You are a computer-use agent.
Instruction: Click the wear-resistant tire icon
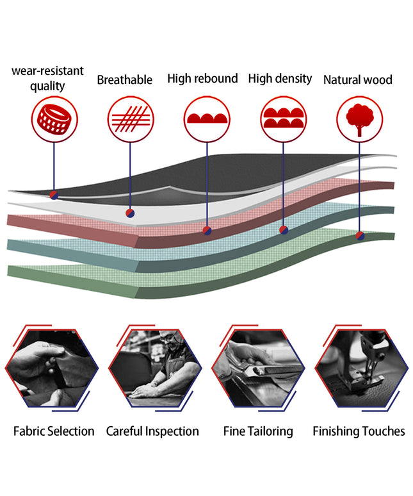pyautogui.click(x=54, y=120)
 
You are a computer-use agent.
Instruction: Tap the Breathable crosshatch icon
pyautogui.click(x=131, y=120)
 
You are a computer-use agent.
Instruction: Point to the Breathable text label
pyautogui.click(x=124, y=80)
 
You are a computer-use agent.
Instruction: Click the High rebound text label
pyautogui.click(x=202, y=79)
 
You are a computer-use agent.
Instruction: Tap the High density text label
pyautogui.click(x=280, y=79)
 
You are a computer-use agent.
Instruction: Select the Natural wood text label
pyautogui.click(x=358, y=79)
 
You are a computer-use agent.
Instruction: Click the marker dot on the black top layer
pyautogui.click(x=54, y=195)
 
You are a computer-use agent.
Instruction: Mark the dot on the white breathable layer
pyautogui.click(x=130, y=213)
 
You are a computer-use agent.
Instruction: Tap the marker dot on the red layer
pyautogui.click(x=207, y=231)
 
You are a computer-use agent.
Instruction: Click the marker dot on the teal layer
pyautogui.click(x=284, y=230)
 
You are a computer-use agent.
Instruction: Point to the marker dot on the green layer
pyautogui.click(x=360, y=236)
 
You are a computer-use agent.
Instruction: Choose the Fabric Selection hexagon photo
pyautogui.click(x=52, y=368)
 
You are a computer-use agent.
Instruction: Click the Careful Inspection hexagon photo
pyautogui.click(x=155, y=368)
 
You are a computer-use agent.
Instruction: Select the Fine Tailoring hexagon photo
pyautogui.click(x=259, y=368)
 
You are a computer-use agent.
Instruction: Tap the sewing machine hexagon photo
pyautogui.click(x=362, y=368)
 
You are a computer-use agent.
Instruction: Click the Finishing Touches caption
pyautogui.click(x=359, y=431)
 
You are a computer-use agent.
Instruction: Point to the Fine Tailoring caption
pyautogui.click(x=258, y=431)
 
